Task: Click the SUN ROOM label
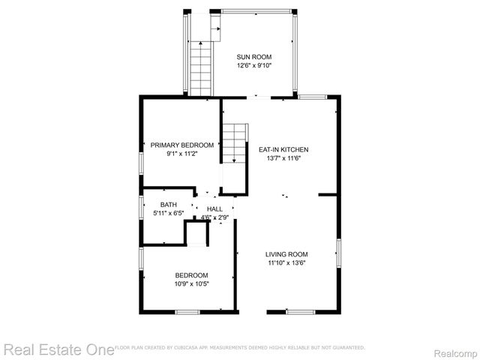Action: [x=253, y=57]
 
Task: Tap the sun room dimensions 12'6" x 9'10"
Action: [x=253, y=66]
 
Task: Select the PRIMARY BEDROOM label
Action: [x=181, y=145]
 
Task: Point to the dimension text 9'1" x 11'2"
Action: [x=181, y=154]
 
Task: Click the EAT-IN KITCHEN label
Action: [x=283, y=149]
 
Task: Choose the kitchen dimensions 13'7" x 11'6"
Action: [x=283, y=158]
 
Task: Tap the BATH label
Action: [x=169, y=204]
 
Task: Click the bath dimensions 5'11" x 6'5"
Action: [x=169, y=213]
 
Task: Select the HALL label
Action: [x=214, y=209]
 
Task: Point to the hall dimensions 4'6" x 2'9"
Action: [x=214, y=218]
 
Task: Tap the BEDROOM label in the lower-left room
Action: [x=192, y=275]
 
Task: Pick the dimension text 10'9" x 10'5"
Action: [x=192, y=284]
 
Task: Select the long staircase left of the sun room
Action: [x=200, y=68]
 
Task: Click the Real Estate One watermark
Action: [x=56, y=349]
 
